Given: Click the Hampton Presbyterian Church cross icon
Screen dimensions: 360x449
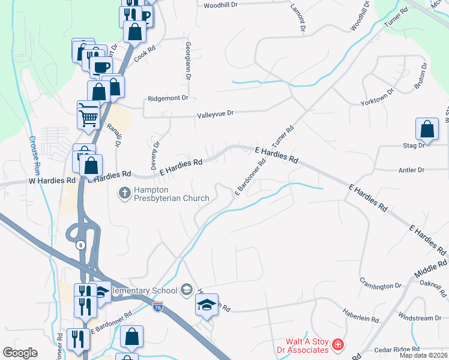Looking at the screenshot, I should tap(124, 193).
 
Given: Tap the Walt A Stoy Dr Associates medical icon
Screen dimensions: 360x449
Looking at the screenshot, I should tap(339, 345).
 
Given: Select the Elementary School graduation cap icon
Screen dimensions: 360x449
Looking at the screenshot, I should tap(186, 290).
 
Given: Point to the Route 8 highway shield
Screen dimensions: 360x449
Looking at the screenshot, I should tap(79, 245).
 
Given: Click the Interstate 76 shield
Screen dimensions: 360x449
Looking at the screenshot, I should tap(158, 307).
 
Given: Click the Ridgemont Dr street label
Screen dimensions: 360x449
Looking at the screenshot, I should tap(168, 98).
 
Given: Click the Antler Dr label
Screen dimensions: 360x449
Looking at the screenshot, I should tap(411, 170).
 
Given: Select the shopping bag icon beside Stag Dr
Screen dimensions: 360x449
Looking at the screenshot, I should tap(427, 129).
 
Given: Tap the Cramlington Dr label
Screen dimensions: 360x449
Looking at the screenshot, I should tap(380, 283).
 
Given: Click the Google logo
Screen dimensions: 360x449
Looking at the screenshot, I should tap(20, 353).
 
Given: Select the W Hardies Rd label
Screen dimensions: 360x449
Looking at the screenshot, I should tap(52, 180).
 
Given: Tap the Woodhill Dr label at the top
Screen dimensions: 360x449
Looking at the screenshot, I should tap(221, 5).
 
